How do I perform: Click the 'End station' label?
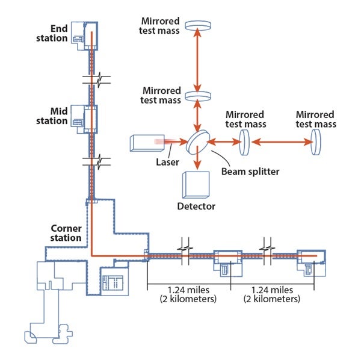(x=52, y=34)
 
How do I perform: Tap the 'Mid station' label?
(x=52, y=116)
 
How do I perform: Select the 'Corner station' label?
(x=66, y=233)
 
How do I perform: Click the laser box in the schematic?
(x=147, y=143)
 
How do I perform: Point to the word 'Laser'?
(x=167, y=162)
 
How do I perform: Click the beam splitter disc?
(x=198, y=141)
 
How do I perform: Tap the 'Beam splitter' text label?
(x=250, y=172)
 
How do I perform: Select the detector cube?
(x=196, y=185)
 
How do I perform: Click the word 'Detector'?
(x=196, y=206)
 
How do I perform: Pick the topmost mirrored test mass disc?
(x=198, y=25)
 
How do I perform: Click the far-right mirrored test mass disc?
(x=316, y=142)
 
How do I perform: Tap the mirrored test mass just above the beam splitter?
(x=198, y=96)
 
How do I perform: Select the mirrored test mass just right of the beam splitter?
(x=244, y=142)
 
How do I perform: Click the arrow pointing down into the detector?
(x=197, y=158)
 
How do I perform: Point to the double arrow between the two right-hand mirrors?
(x=282, y=142)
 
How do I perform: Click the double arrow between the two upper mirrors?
(x=197, y=60)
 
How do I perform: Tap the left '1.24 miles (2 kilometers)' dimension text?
(x=188, y=294)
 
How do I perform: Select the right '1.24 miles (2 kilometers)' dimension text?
(x=272, y=294)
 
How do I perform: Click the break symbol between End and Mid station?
(x=97, y=79)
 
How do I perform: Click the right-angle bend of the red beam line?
(x=91, y=256)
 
